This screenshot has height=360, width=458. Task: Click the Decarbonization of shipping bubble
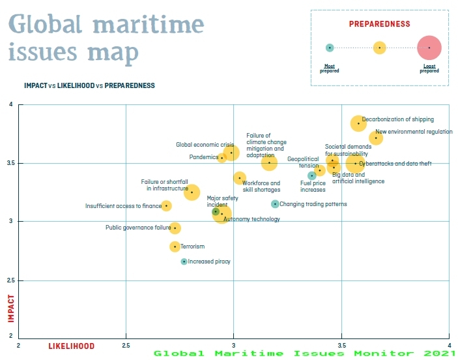[358, 123]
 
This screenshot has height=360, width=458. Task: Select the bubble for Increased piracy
[184, 262]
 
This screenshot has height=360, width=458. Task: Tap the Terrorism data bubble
[175, 247]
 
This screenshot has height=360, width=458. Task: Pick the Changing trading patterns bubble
[275, 204]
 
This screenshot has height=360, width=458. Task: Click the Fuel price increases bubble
[312, 175]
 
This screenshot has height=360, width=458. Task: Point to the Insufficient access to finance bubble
[166, 206]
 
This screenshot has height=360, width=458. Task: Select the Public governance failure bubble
[175, 228]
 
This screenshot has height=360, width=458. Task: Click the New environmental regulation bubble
[376, 138]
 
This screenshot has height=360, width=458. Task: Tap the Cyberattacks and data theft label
[395, 164]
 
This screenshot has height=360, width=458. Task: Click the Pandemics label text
[203, 157]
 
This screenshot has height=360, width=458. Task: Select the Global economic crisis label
[205, 145]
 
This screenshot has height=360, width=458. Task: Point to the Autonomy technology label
[251, 219]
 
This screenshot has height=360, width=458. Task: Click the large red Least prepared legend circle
[429, 48]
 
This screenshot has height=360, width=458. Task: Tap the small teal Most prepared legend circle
[330, 48]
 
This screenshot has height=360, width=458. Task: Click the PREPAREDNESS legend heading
[380, 24]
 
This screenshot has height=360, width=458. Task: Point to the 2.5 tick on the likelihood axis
[126, 345]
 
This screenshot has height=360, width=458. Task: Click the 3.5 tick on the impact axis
[10, 163]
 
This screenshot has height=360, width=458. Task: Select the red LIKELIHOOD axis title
[72, 346]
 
